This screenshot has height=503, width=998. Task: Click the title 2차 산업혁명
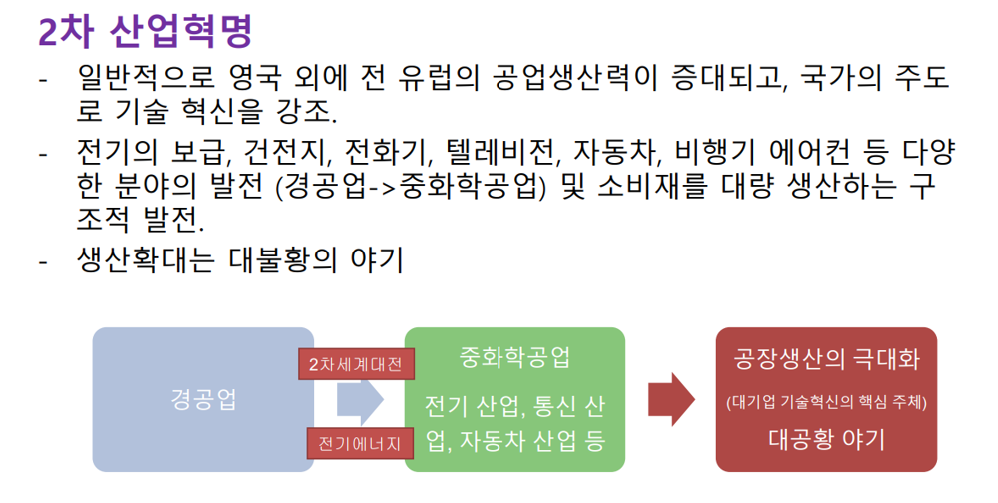(x=145, y=31)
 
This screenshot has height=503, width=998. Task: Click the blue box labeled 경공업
(x=196, y=399)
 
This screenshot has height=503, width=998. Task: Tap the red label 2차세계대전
(x=356, y=364)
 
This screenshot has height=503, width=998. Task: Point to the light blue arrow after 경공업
(x=361, y=401)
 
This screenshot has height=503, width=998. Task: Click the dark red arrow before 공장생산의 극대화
(x=670, y=400)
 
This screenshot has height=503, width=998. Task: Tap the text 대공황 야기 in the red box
(x=826, y=438)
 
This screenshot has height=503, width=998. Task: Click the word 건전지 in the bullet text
(x=289, y=154)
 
